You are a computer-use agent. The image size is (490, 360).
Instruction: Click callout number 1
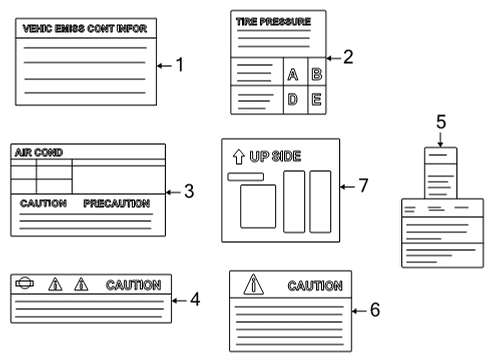[180, 66]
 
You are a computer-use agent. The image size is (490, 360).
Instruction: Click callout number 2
[348, 57]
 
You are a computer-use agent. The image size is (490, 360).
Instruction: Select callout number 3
[190, 190]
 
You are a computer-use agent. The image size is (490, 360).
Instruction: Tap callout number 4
[195, 298]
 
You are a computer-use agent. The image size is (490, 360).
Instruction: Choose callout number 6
[374, 309]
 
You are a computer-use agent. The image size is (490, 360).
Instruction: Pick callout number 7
[363, 185]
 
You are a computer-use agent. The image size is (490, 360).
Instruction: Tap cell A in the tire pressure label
[293, 75]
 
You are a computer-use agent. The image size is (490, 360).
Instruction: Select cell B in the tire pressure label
[316, 74]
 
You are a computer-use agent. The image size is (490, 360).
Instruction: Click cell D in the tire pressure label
[293, 99]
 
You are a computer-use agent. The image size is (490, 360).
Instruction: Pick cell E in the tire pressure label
[316, 99]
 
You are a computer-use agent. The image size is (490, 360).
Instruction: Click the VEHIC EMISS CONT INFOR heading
[83, 29]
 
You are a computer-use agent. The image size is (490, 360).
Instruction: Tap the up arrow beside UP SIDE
[237, 156]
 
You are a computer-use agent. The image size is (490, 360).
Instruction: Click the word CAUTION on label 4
[133, 285]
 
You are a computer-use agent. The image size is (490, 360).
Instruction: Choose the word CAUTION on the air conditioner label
[43, 202]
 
